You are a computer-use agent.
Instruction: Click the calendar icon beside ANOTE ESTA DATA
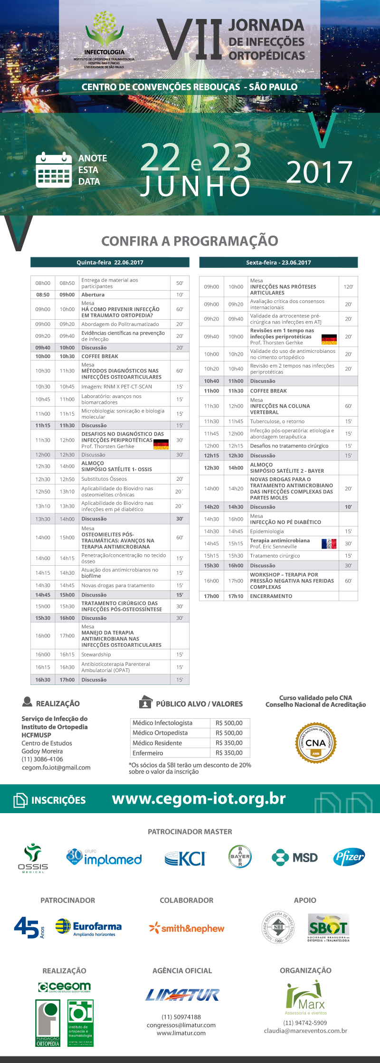click(x=54, y=170)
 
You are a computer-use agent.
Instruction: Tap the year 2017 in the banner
click(x=319, y=172)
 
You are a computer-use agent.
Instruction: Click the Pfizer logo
click(x=349, y=857)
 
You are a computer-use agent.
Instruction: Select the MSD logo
click(x=294, y=857)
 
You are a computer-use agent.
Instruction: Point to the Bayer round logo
click(x=240, y=856)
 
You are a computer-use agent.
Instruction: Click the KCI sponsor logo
click(x=185, y=858)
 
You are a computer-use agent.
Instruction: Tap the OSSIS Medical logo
click(x=33, y=858)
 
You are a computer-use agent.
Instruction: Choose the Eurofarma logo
click(x=88, y=927)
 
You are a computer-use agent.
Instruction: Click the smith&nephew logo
click(x=186, y=928)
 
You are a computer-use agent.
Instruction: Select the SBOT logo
click(x=328, y=927)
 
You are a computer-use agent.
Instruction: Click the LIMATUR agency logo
click(x=182, y=995)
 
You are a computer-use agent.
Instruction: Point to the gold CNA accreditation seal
click(x=316, y=743)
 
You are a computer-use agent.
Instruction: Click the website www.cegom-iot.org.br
click(x=199, y=799)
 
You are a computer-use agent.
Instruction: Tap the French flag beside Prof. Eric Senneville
click(x=329, y=543)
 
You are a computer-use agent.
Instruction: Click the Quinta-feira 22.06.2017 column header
click(x=110, y=262)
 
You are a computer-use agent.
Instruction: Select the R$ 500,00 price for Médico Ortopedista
click(x=229, y=733)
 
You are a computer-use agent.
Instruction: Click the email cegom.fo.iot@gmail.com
click(x=56, y=768)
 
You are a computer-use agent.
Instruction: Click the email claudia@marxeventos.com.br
click(x=305, y=1031)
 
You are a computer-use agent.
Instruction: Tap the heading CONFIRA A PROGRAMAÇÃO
click(x=190, y=241)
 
